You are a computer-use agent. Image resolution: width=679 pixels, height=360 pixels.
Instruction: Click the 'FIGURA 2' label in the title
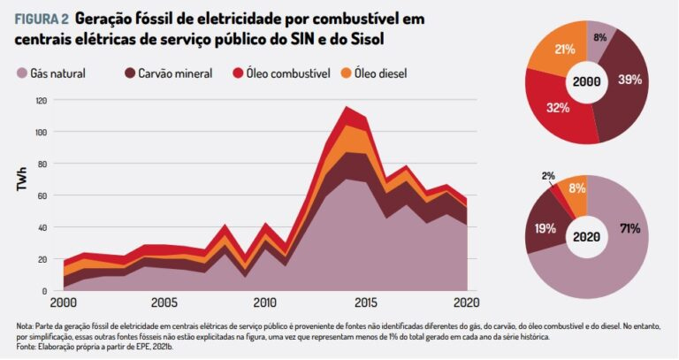click(x=41, y=19)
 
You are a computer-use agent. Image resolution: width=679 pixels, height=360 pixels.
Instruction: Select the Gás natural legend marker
click(x=21, y=73)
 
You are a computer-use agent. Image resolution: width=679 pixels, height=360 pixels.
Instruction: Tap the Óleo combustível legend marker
click(x=239, y=73)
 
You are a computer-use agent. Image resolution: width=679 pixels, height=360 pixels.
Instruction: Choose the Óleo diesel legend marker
click(x=346, y=73)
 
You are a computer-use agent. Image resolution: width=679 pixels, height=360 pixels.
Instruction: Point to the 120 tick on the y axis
click(x=41, y=100)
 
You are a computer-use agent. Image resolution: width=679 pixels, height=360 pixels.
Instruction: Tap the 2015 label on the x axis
click(x=365, y=303)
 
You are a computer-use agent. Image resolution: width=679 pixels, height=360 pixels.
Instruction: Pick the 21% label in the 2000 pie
click(x=560, y=50)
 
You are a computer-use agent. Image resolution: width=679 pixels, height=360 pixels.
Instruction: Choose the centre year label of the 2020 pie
click(x=587, y=238)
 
